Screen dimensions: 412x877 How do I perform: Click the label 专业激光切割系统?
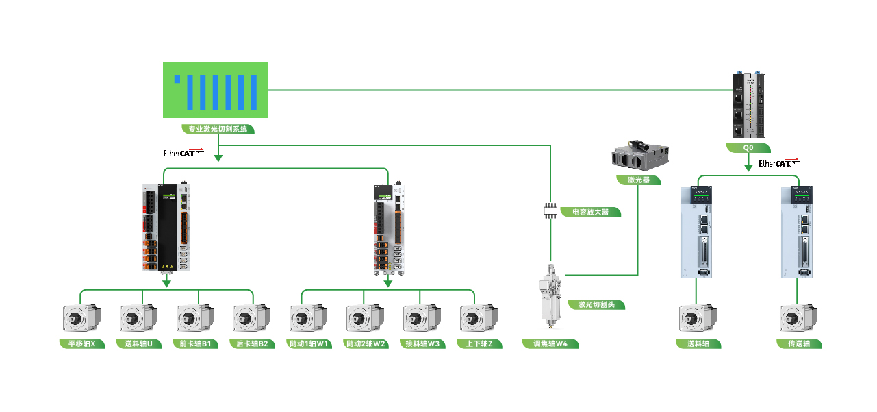coord(218,129)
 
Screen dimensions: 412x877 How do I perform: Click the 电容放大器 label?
coord(590,212)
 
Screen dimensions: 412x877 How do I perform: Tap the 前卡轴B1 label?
coord(195,343)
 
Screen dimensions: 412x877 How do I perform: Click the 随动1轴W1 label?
coord(309,343)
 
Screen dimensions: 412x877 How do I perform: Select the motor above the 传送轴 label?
coord(798,320)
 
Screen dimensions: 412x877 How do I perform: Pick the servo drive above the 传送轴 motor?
coord(798,232)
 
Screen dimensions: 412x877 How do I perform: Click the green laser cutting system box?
coord(216,90)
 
